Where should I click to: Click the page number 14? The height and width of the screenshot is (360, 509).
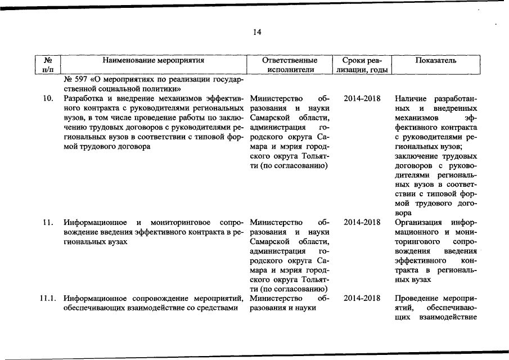[x=257, y=33]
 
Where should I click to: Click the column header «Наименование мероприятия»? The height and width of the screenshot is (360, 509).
[x=153, y=60]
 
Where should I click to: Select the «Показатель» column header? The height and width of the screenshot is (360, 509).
[x=436, y=60]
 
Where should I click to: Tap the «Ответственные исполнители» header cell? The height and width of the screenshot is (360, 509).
[x=290, y=65]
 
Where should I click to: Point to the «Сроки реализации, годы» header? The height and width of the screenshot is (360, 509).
[x=362, y=65]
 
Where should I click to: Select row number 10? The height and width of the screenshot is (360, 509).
[x=48, y=98]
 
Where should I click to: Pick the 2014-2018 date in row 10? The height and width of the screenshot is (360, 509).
[x=362, y=98]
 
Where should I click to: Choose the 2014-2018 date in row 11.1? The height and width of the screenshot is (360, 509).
[x=362, y=298]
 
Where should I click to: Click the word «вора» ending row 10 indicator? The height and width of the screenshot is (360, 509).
[x=403, y=213]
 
